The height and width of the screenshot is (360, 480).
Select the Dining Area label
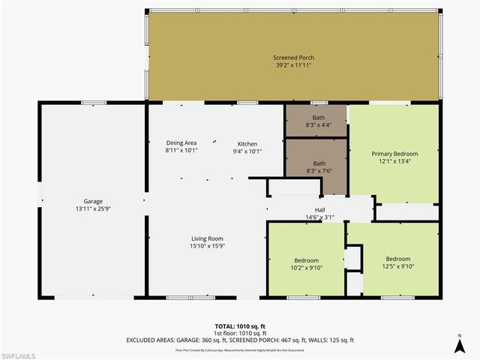tap(181, 142)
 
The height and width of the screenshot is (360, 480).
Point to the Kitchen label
tap(247, 143)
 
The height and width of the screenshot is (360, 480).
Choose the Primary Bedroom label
tap(394, 154)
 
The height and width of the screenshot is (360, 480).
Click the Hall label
tap(319, 210)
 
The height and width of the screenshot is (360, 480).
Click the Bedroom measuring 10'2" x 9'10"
tap(306, 260)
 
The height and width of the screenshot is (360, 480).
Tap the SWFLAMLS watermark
tap(20, 353)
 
